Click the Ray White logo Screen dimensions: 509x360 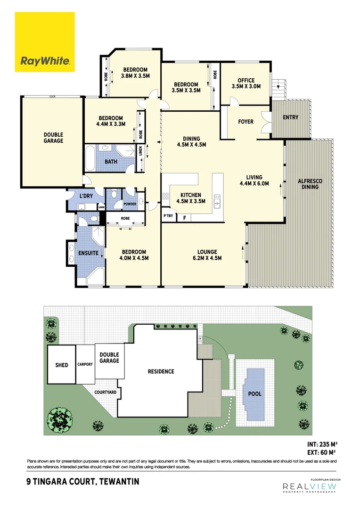click(x=45, y=42)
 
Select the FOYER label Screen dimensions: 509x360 click(x=245, y=122)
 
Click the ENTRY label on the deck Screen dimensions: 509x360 click(x=290, y=117)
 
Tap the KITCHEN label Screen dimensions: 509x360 click(x=191, y=195)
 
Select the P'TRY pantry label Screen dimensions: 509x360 click(x=168, y=216)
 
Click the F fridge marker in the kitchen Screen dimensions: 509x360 click(x=184, y=218)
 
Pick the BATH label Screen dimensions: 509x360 click(x=111, y=162)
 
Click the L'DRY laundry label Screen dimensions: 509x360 click(x=85, y=196)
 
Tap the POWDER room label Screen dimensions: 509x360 click(x=130, y=204)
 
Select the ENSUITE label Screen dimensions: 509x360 click(x=88, y=253)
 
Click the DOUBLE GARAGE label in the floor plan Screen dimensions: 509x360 click(x=52, y=138)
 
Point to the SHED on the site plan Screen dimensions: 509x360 click(x=62, y=365)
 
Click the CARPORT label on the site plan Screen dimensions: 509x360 click(x=85, y=364)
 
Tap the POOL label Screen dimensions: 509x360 click(x=255, y=394)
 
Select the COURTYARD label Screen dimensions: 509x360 click(x=106, y=392)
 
